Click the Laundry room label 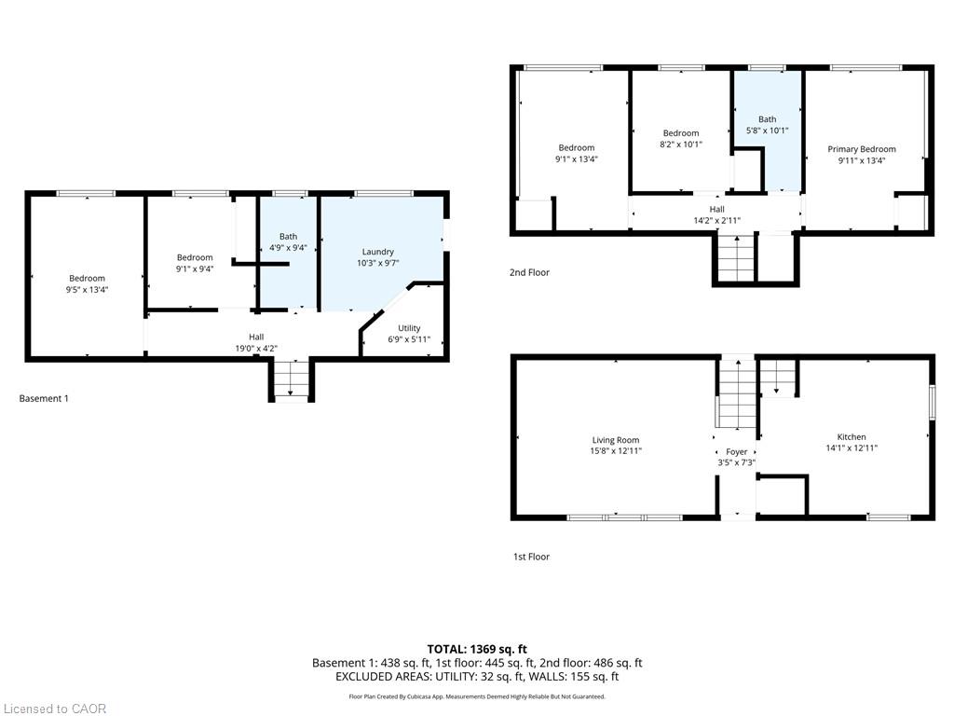coord(378,252)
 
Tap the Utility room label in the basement coord(409,328)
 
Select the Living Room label coord(616,440)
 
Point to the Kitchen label coord(852,437)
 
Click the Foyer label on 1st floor coord(736,452)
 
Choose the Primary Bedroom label coord(862,149)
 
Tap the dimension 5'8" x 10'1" coord(768,131)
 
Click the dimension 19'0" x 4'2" coord(256,349)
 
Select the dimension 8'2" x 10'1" coord(681,145)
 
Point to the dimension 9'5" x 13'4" coord(87,290)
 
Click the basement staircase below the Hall coord(291,379)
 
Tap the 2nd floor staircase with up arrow coord(736,259)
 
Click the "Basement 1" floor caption coord(44,399)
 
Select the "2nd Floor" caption coord(529,273)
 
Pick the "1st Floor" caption coord(531,557)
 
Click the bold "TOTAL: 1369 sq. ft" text coord(477,649)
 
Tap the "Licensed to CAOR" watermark coord(55,709)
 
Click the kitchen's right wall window coord(932,402)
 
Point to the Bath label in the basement coord(289,236)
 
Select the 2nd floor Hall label coord(716,210)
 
